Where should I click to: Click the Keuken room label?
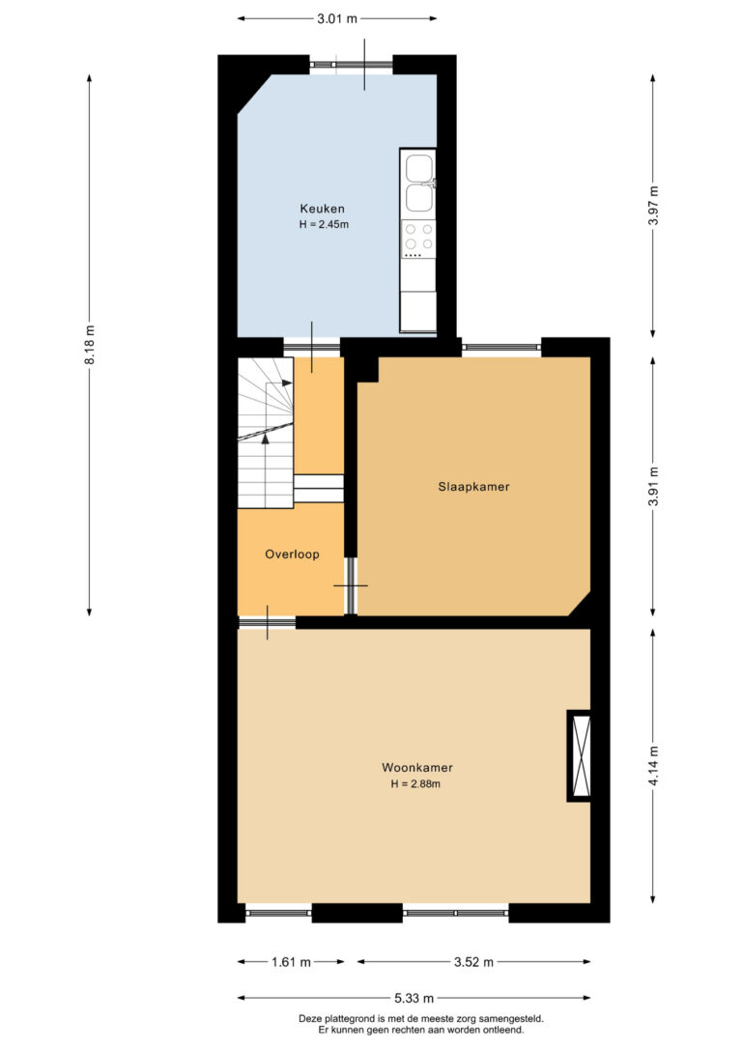(322, 209)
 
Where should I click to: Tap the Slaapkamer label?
(473, 487)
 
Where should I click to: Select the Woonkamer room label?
(416, 768)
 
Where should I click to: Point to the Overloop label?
(292, 553)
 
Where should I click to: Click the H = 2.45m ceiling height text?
(324, 225)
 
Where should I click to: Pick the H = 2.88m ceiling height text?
(415, 784)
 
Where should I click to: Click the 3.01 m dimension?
(337, 18)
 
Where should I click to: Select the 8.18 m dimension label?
(90, 345)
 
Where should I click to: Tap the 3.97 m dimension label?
(654, 206)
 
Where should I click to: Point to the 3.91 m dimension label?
(654, 486)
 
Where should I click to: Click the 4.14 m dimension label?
(654, 766)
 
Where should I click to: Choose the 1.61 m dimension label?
(291, 962)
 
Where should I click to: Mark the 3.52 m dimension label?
(473, 962)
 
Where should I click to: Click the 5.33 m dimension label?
(414, 998)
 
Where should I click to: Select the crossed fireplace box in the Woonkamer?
(580, 755)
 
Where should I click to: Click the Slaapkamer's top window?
(501, 347)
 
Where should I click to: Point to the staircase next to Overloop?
(266, 433)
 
